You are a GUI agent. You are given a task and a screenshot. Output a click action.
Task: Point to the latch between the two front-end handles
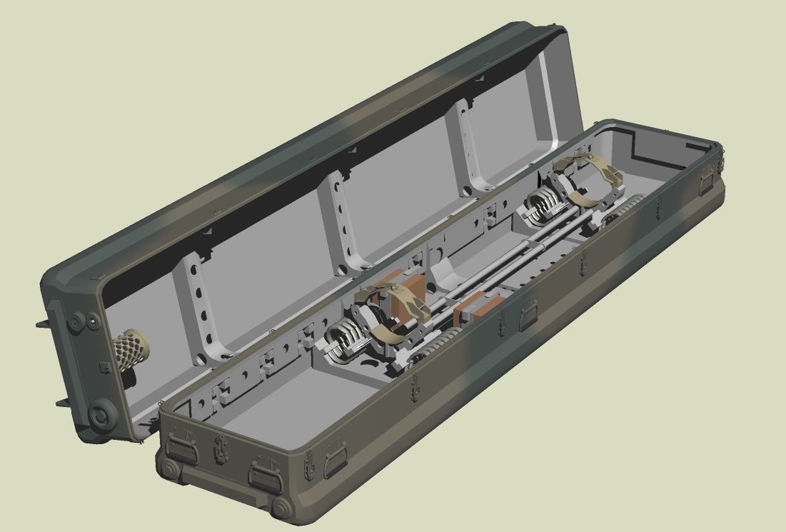(220, 450)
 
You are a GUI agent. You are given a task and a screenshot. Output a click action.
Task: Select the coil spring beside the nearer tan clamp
(342, 340)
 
